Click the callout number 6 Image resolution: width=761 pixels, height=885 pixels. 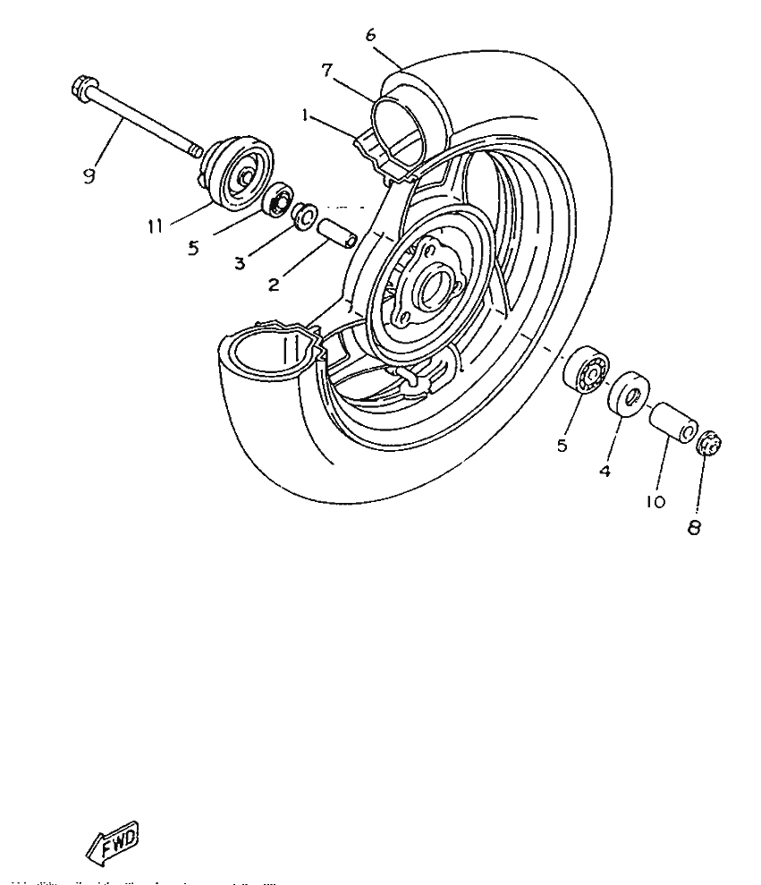[x=370, y=35]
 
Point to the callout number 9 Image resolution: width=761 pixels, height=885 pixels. [x=88, y=176]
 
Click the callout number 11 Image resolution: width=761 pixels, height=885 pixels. [x=155, y=227]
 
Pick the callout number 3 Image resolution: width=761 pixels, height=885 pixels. [x=240, y=265]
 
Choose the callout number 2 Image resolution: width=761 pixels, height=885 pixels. [x=274, y=285]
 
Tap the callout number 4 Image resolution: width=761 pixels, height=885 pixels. [x=605, y=470]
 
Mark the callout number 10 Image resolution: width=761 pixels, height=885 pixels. [x=655, y=502]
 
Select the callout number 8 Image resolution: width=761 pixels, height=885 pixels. [x=694, y=528]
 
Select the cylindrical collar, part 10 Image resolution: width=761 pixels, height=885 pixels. [x=672, y=423]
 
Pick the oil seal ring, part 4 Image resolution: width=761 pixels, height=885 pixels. [x=630, y=393]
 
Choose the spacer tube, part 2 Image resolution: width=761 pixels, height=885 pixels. [x=337, y=233]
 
